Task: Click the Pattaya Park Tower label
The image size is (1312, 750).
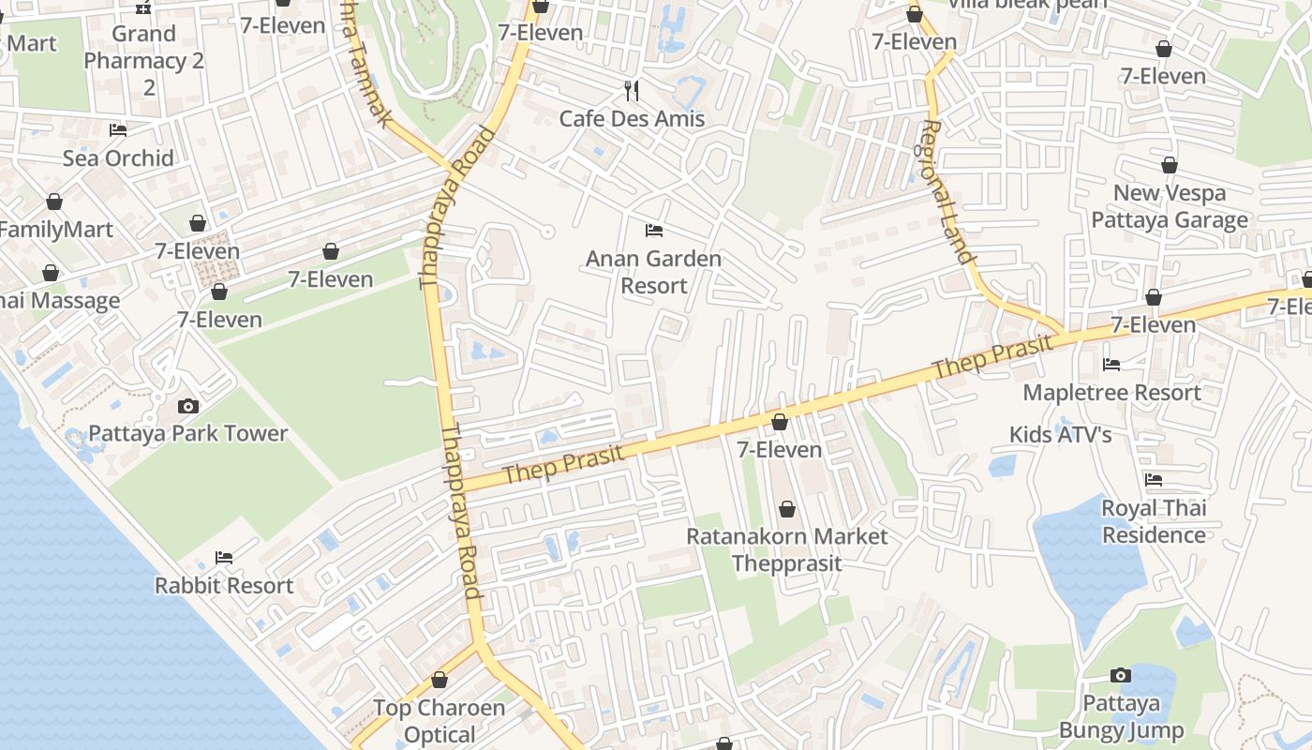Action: pyautogui.click(x=187, y=433)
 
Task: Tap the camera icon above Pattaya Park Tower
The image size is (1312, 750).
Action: pyautogui.click(x=188, y=406)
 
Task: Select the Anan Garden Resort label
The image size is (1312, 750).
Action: pyautogui.click(x=653, y=272)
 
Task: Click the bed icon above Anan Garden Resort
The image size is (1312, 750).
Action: pyautogui.click(x=654, y=231)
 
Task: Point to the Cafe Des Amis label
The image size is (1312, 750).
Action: pyautogui.click(x=632, y=119)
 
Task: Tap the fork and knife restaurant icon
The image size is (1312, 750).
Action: pyautogui.click(x=632, y=90)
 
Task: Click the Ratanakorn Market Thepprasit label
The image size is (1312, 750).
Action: pyautogui.click(x=786, y=549)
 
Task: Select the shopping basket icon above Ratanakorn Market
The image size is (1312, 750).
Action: pyautogui.click(x=787, y=509)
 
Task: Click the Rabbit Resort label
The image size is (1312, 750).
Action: pyautogui.click(x=224, y=586)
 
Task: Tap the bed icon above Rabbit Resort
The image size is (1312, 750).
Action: pyautogui.click(x=224, y=558)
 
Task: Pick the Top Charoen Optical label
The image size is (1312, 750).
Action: pyautogui.click(x=439, y=721)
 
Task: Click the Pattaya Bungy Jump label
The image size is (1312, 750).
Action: pyautogui.click(x=1121, y=716)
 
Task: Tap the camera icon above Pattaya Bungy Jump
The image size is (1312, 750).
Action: pyautogui.click(x=1120, y=675)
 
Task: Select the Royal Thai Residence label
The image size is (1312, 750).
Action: pyautogui.click(x=1154, y=521)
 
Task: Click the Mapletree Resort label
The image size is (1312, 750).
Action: pyautogui.click(x=1111, y=393)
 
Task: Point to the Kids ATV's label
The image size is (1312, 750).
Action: pyautogui.click(x=1060, y=435)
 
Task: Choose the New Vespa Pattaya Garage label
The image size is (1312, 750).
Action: pyautogui.click(x=1170, y=206)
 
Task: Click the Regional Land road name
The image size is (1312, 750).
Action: pyautogui.click(x=948, y=192)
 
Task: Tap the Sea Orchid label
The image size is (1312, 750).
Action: pyautogui.click(x=118, y=157)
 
